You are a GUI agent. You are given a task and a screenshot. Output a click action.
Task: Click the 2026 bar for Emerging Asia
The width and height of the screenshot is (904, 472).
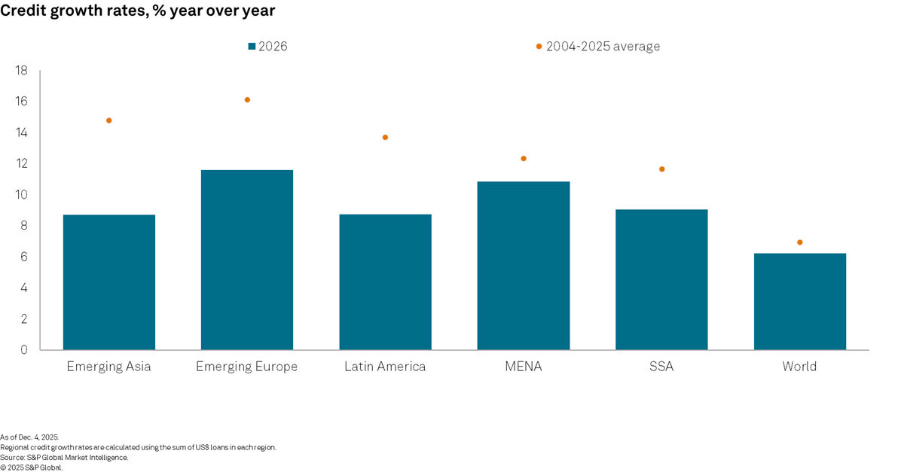[109, 282]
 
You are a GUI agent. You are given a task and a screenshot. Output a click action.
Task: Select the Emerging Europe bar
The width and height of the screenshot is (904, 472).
[247, 260]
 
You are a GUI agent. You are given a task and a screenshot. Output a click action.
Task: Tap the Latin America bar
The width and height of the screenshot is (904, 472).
[385, 282]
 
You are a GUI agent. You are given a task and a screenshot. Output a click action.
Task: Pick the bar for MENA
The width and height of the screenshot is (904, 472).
[524, 266]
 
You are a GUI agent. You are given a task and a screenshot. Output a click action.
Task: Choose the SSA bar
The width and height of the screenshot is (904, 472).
[661, 279]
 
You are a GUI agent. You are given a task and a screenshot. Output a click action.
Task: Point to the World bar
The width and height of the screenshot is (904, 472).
[799, 301]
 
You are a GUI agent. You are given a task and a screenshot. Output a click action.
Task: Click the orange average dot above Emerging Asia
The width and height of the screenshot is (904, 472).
[109, 120]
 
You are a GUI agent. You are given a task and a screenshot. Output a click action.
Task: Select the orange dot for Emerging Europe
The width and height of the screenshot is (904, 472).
[247, 99]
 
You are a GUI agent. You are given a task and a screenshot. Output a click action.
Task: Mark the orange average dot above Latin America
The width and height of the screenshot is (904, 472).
[385, 137]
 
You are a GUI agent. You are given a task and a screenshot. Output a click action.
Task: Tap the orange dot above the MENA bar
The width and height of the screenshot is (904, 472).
[524, 158]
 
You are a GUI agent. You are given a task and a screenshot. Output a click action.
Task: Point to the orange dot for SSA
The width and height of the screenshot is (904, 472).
[661, 169]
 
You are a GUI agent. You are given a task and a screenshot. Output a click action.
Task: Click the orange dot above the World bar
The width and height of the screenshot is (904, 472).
[799, 242]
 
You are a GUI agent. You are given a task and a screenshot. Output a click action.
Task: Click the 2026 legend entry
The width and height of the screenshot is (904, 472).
[267, 47]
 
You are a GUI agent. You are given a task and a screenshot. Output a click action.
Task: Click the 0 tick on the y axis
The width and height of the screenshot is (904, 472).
[24, 350]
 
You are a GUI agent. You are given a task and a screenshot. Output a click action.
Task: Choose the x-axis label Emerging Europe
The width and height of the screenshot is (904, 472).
[247, 367]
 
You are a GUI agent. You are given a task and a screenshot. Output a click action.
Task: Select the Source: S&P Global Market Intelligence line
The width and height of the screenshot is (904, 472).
[64, 457]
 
